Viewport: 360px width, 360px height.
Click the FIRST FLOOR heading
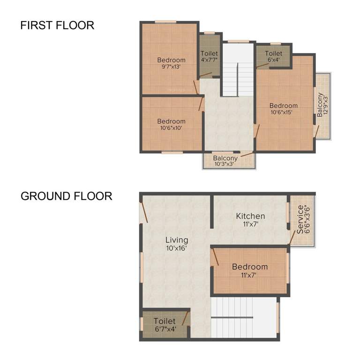pos(57,25)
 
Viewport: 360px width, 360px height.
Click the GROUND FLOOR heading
pos(66,196)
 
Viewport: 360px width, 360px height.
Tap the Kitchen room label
pos(250,216)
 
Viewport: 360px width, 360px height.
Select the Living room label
pos(176,240)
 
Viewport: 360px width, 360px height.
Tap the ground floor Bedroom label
pos(250,267)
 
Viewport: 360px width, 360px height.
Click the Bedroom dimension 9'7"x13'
pos(171,67)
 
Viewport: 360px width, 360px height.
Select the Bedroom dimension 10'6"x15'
pos(284,112)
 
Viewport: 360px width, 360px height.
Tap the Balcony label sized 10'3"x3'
pos(225,161)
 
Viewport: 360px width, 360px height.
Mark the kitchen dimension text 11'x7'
pos(250,224)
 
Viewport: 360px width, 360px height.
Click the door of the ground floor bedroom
pos(215,257)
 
